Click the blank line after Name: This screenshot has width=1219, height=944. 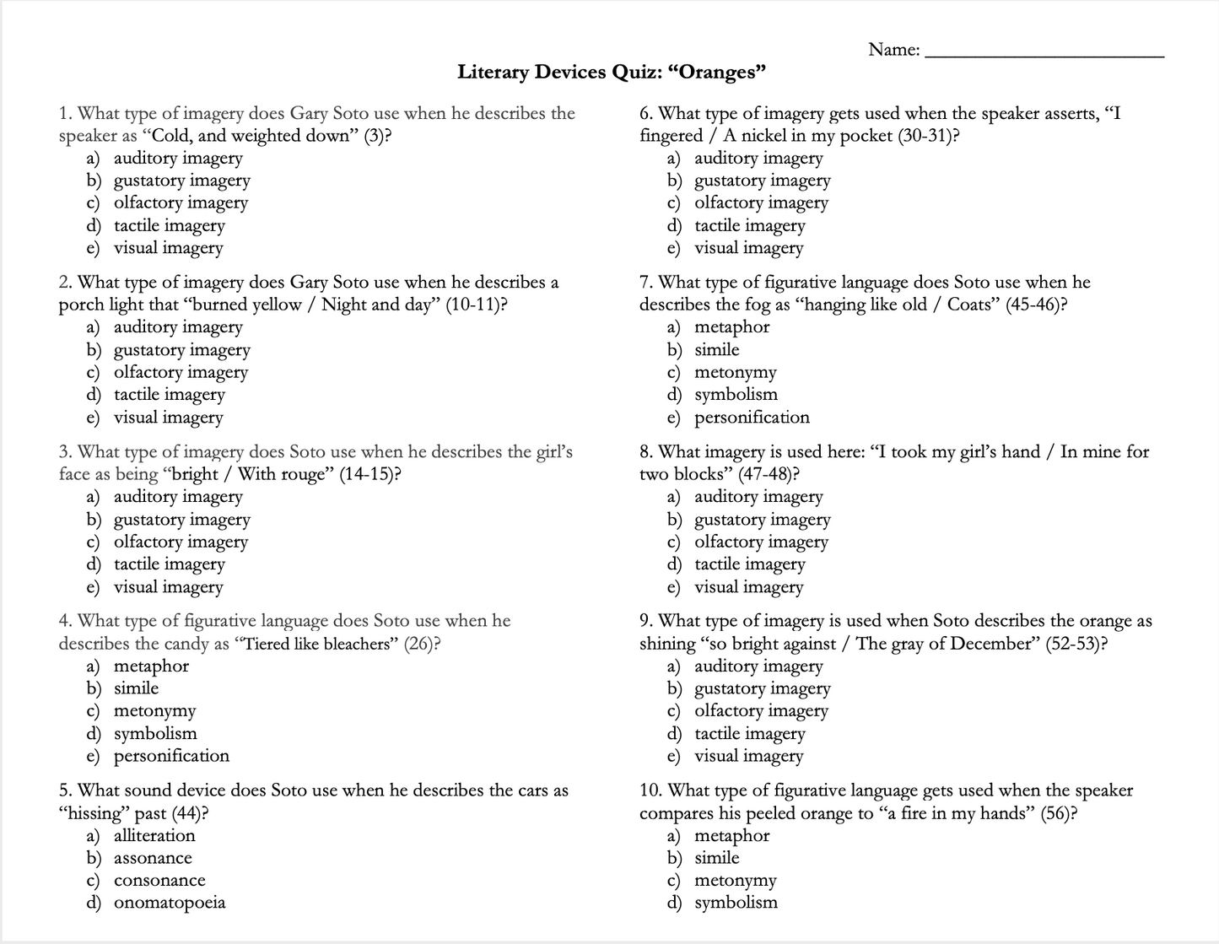(x=1044, y=52)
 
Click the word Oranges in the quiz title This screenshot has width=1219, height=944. (x=716, y=73)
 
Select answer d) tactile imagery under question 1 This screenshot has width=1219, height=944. (x=169, y=225)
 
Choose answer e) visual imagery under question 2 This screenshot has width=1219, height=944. (x=168, y=418)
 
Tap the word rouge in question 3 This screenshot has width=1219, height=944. (x=306, y=474)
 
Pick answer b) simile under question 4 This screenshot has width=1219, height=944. (x=136, y=688)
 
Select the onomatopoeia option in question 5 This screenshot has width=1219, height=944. (x=170, y=903)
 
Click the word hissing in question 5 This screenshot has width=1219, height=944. (x=94, y=813)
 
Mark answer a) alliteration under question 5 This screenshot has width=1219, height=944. (x=154, y=835)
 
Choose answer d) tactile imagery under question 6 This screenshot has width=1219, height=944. (x=749, y=225)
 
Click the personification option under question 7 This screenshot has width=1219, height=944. (x=752, y=418)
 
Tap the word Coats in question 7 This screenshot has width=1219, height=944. (x=973, y=305)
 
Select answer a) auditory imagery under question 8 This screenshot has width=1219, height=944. (x=758, y=497)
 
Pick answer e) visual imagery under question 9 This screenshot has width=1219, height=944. (x=748, y=756)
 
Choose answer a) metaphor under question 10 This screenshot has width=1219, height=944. (x=731, y=835)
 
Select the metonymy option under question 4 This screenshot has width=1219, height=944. (x=154, y=711)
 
